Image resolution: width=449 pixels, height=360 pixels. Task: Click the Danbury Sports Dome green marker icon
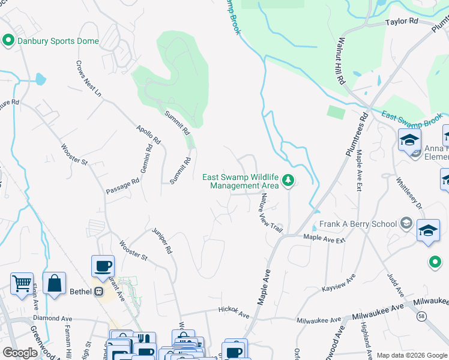(x=8, y=41)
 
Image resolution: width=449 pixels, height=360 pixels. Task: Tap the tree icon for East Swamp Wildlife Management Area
(x=288, y=180)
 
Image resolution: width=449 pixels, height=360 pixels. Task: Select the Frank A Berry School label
(x=358, y=224)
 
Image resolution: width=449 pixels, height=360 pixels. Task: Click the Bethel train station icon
(x=98, y=292)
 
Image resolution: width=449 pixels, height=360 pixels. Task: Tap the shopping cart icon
(x=22, y=283)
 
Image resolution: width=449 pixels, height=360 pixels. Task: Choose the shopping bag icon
(x=54, y=283)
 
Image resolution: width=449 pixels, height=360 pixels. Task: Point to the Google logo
(x=20, y=352)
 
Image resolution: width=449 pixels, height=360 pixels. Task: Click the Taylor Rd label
(x=402, y=21)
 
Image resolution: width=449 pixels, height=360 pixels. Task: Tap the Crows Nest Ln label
(x=89, y=79)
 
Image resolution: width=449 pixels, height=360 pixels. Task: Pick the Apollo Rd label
(x=148, y=134)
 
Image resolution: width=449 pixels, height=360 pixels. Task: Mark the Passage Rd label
(x=122, y=182)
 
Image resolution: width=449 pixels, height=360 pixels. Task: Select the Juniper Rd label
(x=162, y=242)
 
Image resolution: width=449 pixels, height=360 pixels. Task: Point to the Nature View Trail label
(x=271, y=212)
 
